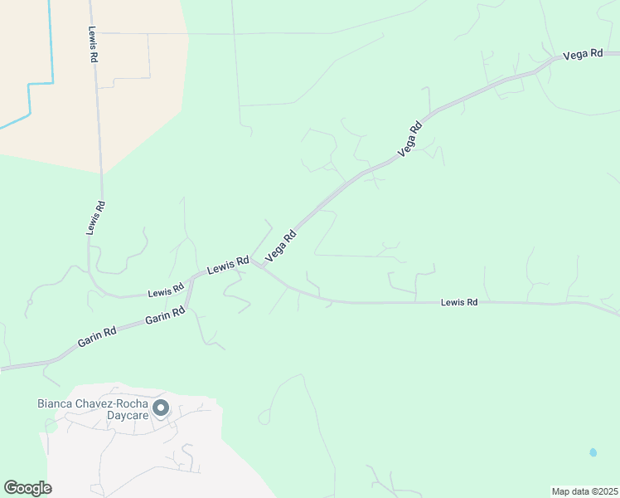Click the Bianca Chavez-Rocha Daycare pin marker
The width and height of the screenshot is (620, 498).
tap(162, 408)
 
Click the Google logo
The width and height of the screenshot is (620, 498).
tap(27, 488)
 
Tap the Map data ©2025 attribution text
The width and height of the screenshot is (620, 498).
tap(584, 491)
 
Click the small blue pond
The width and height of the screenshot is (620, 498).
tap(593, 452)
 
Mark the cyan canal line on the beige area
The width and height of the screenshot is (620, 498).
tap(52, 41)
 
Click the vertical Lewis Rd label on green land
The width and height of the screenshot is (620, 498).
tap(96, 218)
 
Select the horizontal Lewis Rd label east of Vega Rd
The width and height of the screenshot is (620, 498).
tap(459, 303)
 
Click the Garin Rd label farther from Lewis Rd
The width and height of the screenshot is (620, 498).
tap(97, 335)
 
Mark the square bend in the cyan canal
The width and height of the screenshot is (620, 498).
tap(30, 85)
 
